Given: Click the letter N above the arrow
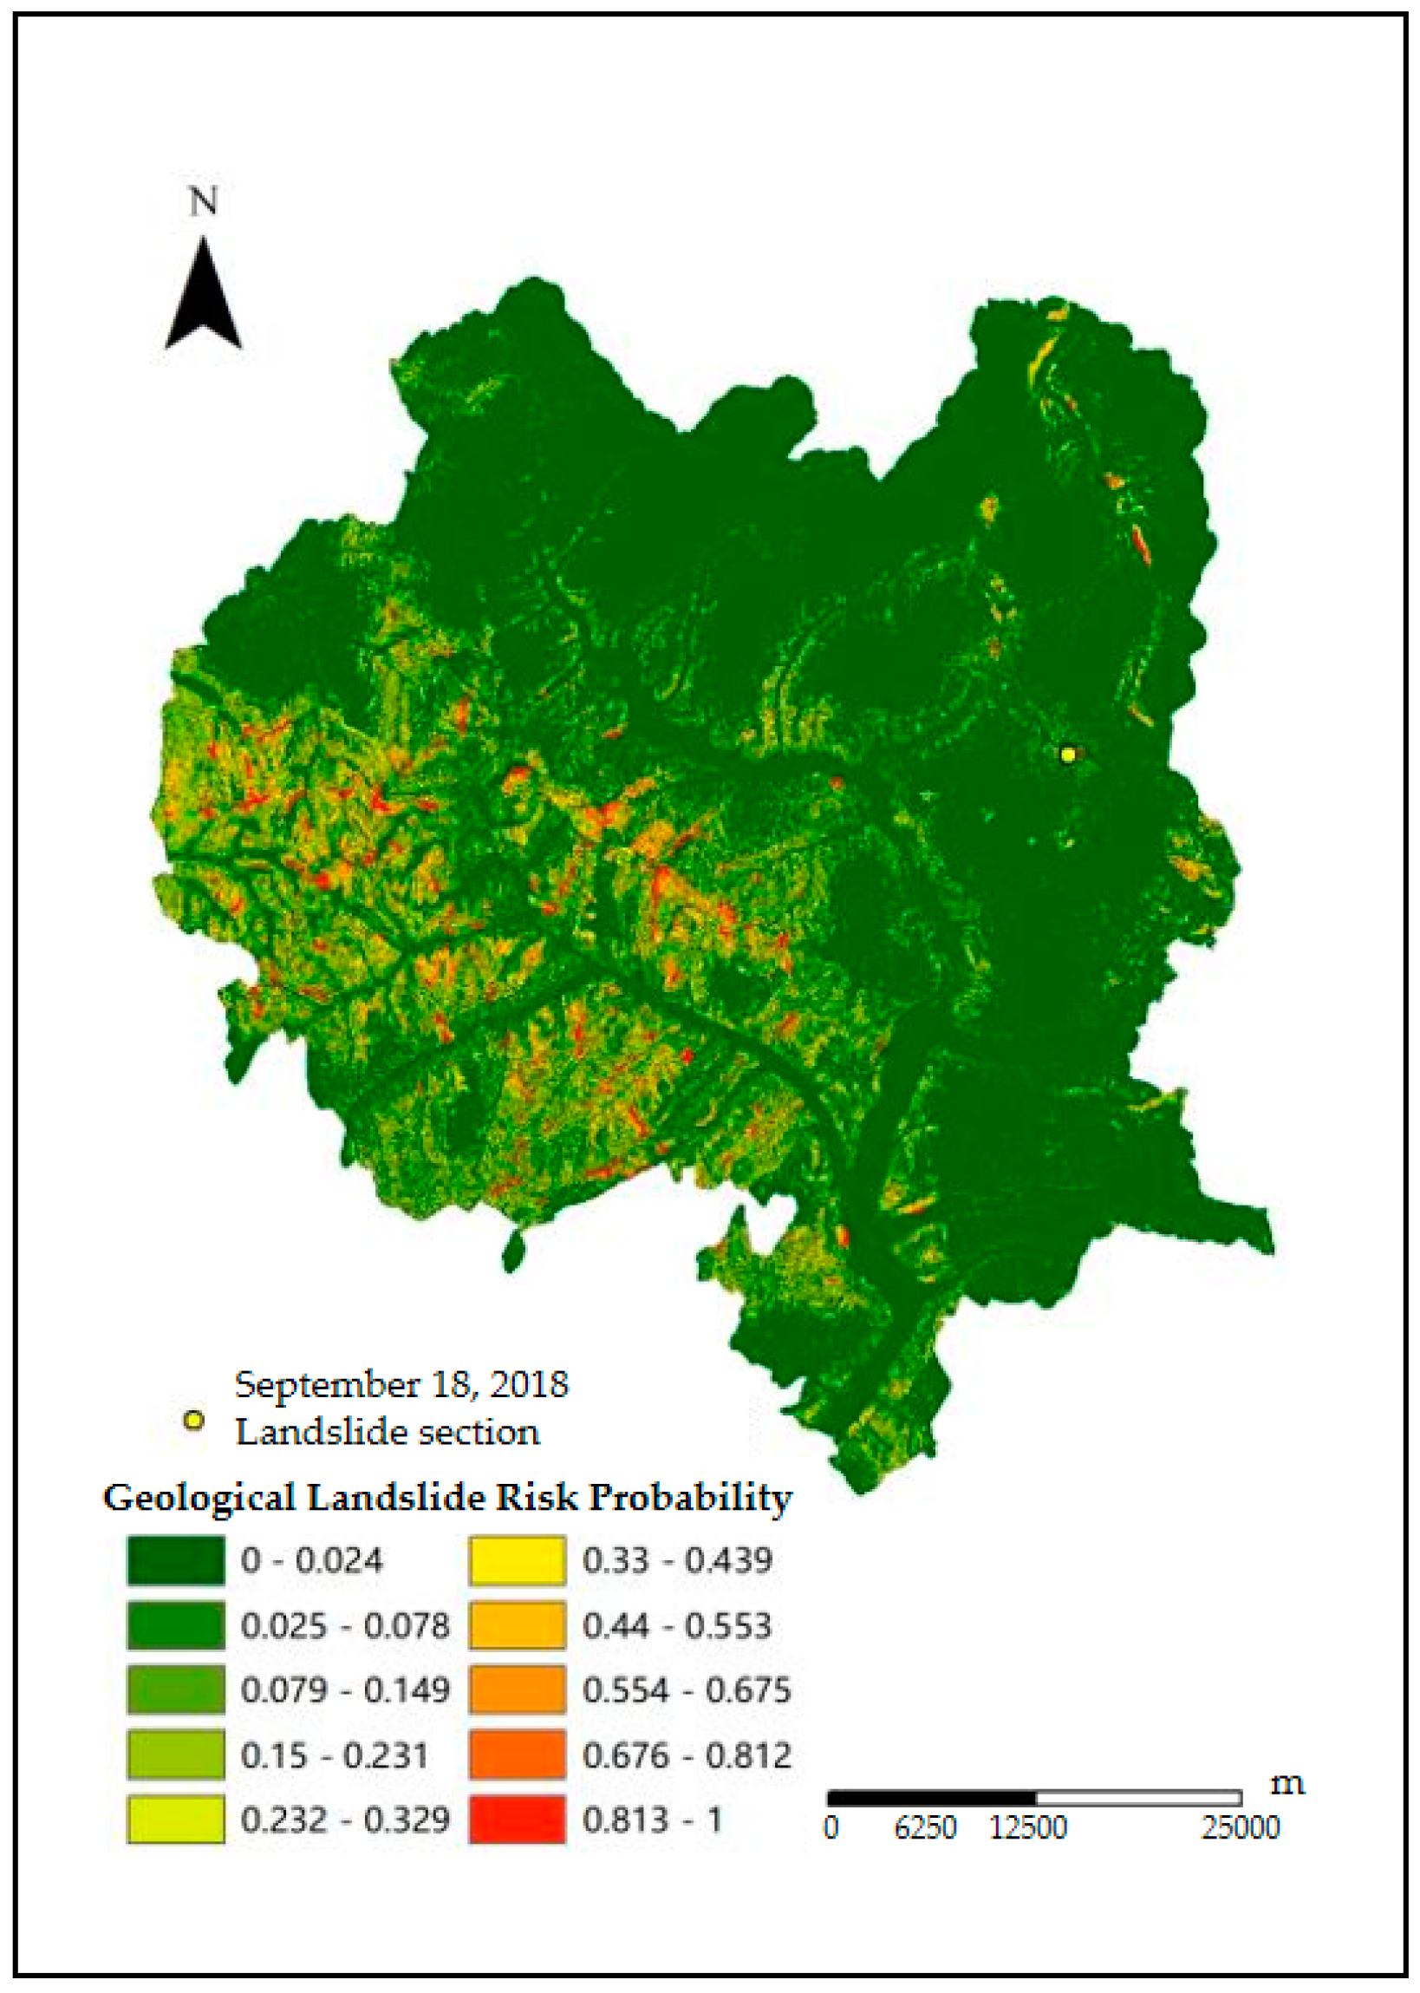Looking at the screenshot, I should [203, 203].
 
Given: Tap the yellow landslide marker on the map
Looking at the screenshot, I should [1067, 754].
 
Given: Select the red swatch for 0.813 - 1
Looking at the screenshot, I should [517, 1820].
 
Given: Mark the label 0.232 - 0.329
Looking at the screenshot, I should [344, 1820].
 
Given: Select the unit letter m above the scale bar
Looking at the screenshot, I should [1286, 1783].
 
